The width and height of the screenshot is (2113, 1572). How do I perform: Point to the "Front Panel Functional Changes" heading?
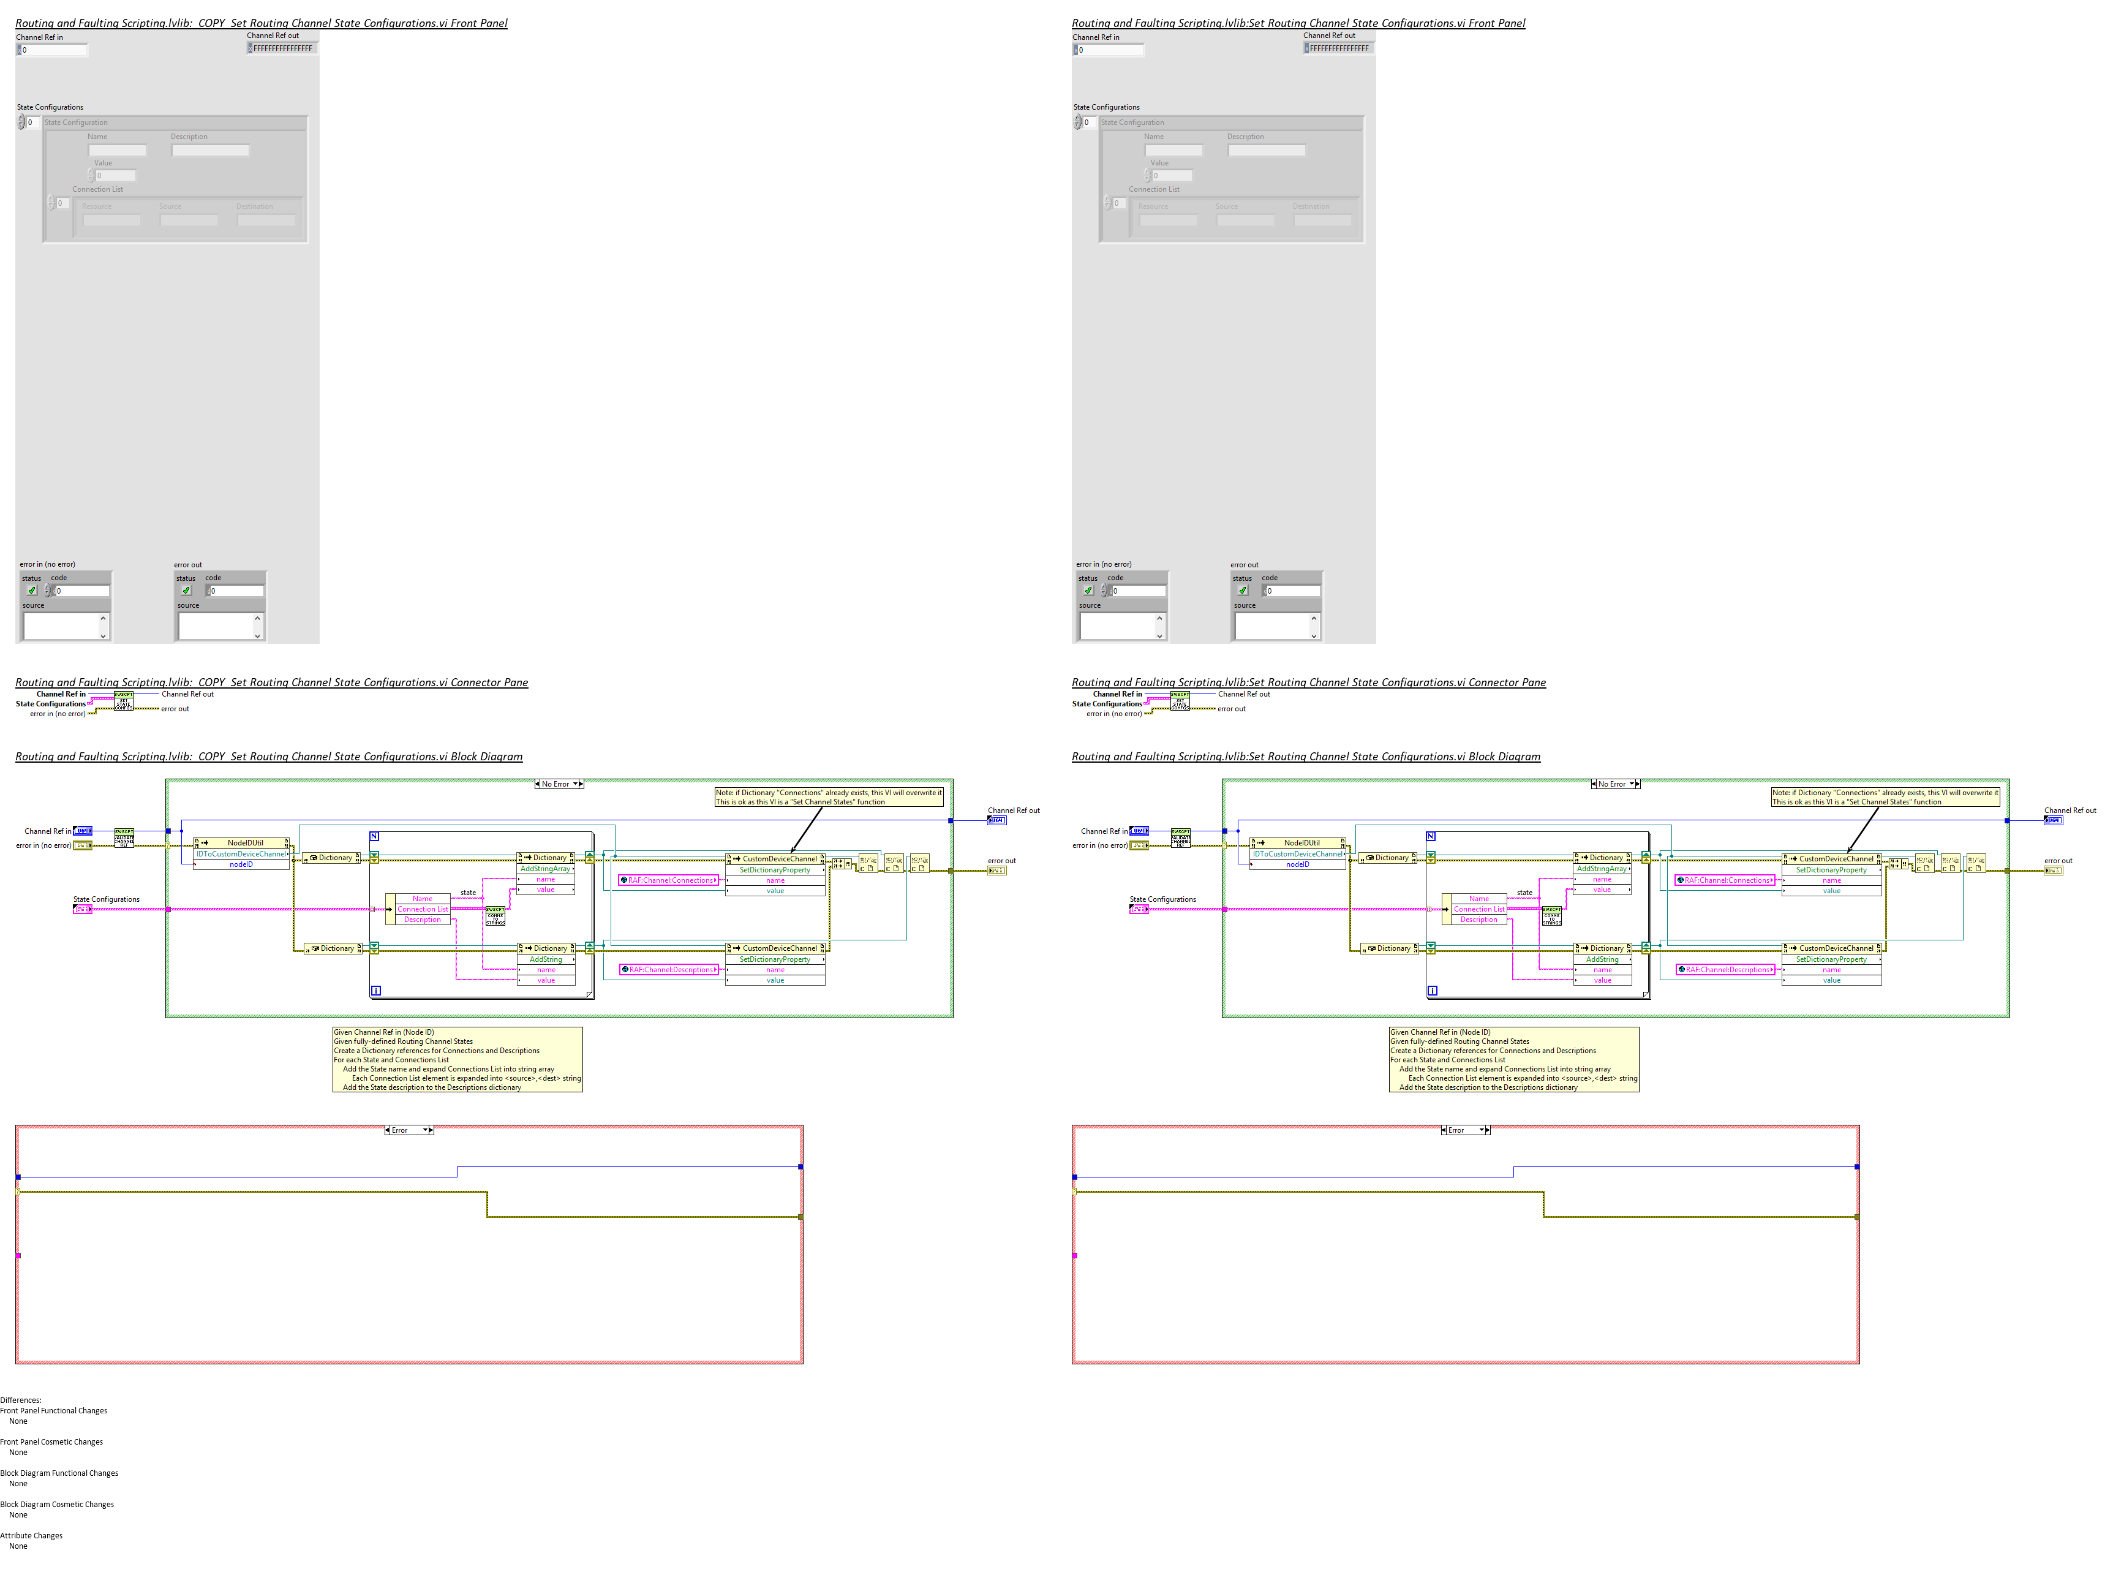click(53, 1411)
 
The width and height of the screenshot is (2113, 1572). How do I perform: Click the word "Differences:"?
click(21, 1400)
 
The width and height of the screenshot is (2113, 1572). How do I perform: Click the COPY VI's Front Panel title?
click(261, 23)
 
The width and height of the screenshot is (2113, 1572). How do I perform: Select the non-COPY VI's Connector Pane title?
click(1308, 682)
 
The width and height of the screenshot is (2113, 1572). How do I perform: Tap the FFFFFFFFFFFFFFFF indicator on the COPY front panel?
click(282, 48)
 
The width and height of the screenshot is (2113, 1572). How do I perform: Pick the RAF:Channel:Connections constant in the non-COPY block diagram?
click(1725, 880)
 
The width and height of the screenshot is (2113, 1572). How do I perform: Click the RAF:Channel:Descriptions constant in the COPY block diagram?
click(670, 970)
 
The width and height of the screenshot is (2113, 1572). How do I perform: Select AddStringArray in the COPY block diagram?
click(545, 869)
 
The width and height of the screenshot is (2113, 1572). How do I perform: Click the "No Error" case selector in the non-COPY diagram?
click(1614, 784)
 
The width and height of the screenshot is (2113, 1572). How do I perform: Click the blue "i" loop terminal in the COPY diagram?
click(376, 991)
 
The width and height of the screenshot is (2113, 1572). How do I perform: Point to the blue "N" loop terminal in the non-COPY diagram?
click(1431, 836)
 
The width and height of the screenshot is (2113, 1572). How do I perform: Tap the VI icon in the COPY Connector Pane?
click(124, 702)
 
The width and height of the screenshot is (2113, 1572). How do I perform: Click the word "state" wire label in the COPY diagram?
click(468, 893)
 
